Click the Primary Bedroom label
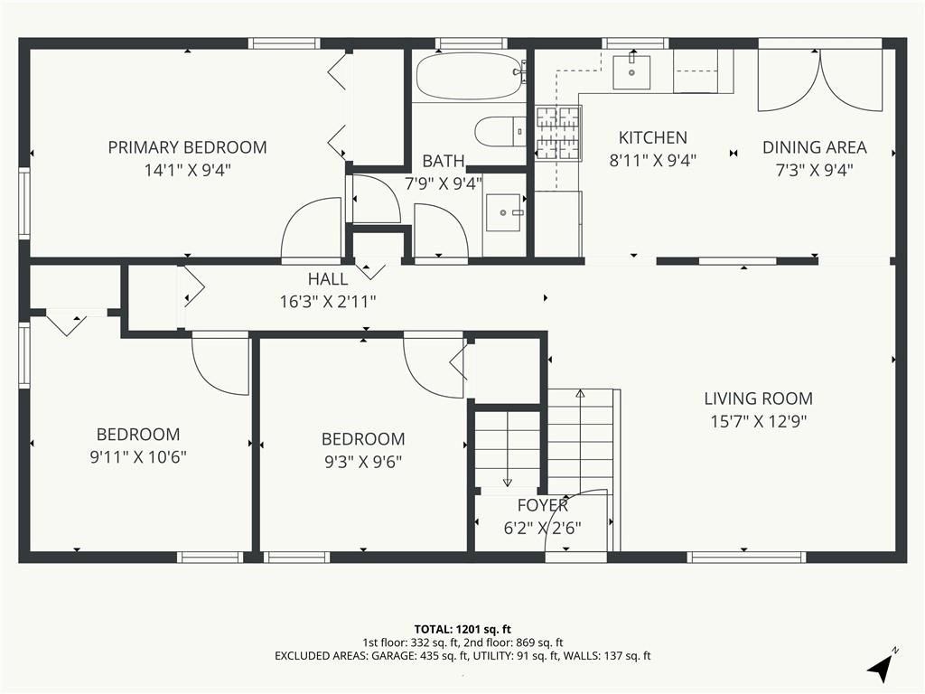[x=187, y=147]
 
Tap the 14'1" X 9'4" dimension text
[x=187, y=170]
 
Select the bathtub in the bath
[x=470, y=76]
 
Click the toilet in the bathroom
[x=500, y=132]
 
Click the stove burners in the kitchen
[x=557, y=134]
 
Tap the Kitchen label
[x=652, y=137]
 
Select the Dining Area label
[x=814, y=147]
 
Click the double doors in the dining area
[x=820, y=80]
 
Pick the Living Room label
[x=758, y=399]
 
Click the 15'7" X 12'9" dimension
[x=758, y=421]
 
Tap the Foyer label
[x=542, y=505]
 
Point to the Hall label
[x=327, y=278]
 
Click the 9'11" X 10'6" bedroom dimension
[x=138, y=456]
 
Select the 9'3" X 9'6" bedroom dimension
[x=363, y=462]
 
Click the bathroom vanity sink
[x=503, y=212]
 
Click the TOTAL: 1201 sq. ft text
[x=462, y=629]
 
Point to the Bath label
[x=443, y=161]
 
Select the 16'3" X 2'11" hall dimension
[x=327, y=302]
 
